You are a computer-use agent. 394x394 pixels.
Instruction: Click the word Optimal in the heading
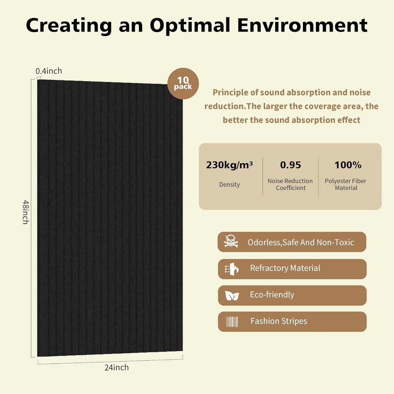[x=190, y=25]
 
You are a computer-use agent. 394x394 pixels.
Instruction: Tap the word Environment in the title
[x=302, y=25]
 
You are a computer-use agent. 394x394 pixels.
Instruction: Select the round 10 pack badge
[x=183, y=83]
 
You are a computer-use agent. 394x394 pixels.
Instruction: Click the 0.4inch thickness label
[x=49, y=71]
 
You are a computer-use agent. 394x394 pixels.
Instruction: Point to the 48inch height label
[x=26, y=212]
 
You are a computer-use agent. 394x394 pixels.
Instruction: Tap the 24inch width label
[x=116, y=368]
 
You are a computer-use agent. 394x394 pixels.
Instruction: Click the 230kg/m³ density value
[x=229, y=165]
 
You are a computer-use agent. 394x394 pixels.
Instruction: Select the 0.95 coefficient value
[x=290, y=165]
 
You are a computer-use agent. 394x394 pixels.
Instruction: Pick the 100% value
[x=348, y=165]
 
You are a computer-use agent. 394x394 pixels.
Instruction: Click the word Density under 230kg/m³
[x=230, y=185]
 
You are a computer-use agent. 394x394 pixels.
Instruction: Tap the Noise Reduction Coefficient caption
[x=290, y=184]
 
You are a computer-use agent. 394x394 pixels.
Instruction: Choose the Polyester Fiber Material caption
[x=345, y=184]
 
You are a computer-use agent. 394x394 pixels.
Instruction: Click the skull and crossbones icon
[x=231, y=241]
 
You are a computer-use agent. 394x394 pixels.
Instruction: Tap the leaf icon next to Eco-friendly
[x=232, y=296]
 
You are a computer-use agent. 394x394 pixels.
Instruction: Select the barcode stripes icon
[x=232, y=322]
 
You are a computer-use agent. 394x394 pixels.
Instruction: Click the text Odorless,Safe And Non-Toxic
[x=301, y=242]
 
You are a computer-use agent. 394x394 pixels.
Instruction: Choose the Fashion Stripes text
[x=279, y=321]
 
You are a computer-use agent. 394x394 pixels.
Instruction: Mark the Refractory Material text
[x=285, y=268]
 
